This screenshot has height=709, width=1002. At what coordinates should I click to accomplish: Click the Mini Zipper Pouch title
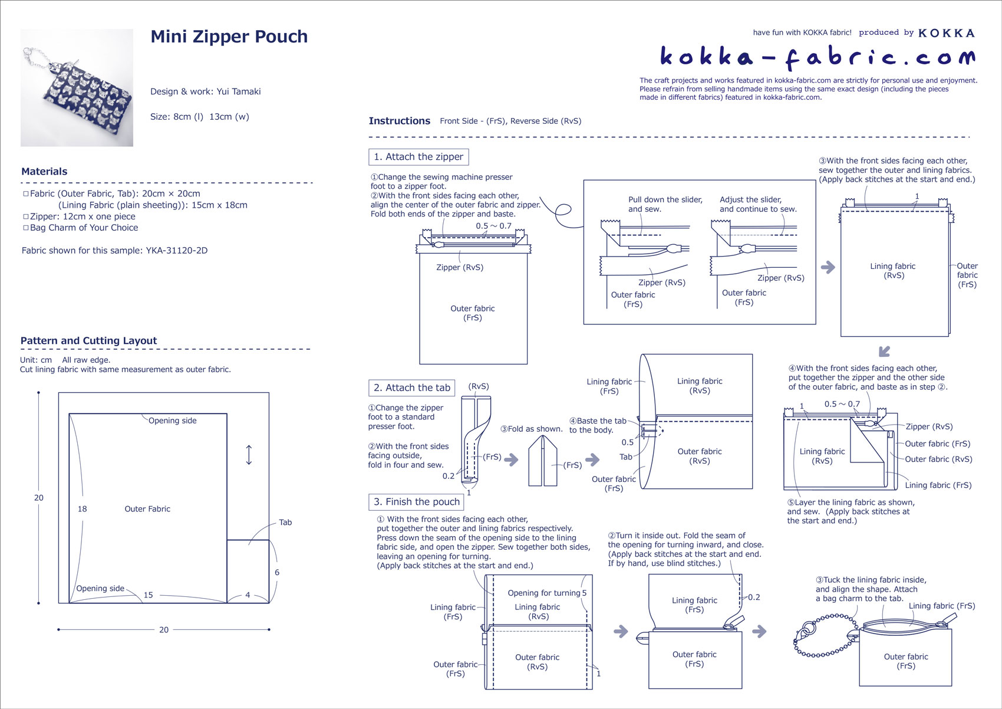(x=229, y=37)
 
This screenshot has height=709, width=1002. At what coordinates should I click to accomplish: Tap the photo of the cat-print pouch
(x=77, y=87)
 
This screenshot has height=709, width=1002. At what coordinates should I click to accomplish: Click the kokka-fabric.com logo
(x=817, y=57)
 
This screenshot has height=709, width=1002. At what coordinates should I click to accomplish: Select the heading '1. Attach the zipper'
(x=418, y=157)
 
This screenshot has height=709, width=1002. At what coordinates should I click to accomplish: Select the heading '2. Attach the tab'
(x=411, y=388)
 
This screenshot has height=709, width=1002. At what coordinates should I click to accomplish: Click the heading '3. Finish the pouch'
(x=416, y=502)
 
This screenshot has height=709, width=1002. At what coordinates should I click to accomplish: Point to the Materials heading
(x=44, y=172)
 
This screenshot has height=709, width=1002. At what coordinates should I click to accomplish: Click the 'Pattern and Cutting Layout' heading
(x=88, y=341)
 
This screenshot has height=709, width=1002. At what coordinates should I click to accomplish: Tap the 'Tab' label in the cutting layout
(x=285, y=523)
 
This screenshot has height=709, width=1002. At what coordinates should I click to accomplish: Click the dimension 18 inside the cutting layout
(x=82, y=509)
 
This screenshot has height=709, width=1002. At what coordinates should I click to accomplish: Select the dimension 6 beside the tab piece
(x=277, y=572)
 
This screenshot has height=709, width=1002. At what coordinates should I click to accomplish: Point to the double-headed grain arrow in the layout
(x=249, y=455)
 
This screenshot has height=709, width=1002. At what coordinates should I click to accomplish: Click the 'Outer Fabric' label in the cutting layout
(x=147, y=509)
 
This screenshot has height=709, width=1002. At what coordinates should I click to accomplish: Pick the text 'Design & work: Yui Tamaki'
(x=205, y=91)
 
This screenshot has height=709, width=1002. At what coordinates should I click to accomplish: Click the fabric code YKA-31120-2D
(x=176, y=251)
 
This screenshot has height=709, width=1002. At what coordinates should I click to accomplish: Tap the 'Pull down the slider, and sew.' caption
(x=665, y=204)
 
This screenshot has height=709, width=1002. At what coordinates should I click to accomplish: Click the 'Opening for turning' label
(x=543, y=593)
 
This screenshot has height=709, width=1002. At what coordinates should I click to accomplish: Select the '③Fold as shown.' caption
(x=531, y=429)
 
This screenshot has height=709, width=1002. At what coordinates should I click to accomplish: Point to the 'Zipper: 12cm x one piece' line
(x=83, y=216)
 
